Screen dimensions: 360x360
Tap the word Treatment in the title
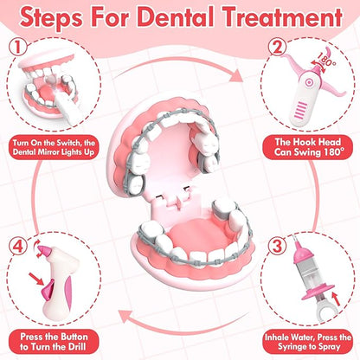283,16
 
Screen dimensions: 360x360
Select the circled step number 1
18,47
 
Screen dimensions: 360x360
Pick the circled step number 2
277,47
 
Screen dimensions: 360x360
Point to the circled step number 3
277,246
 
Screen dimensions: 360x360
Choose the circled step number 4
18,246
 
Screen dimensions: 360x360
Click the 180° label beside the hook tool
327,60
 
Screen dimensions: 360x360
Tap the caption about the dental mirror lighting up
54,147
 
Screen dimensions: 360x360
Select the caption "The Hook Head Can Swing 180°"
308,147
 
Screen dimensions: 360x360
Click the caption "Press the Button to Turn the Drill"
54,342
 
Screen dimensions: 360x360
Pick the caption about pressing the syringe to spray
308,342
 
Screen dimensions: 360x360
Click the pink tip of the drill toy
45,250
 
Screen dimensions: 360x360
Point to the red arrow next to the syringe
337,299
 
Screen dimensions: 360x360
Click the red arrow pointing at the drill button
36,279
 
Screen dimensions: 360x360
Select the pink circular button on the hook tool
309,83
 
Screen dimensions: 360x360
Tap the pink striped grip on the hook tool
300,111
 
